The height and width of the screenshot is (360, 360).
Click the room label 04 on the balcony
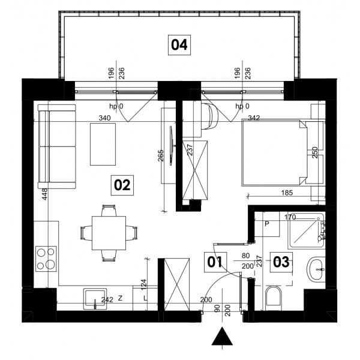[179, 45]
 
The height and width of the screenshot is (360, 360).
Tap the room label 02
[122, 185]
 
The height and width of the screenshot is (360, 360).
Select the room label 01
[215, 262]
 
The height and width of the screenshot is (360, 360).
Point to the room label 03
[281, 262]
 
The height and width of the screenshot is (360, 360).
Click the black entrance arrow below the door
[222, 337]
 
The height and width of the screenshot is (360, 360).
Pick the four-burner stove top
[46, 259]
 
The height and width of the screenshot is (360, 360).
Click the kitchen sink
[95, 299]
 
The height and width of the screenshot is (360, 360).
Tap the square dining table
[109, 233]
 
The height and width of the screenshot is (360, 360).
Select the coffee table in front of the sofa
[103, 144]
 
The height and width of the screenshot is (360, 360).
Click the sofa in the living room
[57, 146]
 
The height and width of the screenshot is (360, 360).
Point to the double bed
[274, 152]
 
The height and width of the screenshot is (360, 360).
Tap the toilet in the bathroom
[274, 298]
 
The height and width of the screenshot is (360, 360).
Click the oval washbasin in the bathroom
[316, 269]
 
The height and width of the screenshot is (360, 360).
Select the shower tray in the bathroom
[307, 231]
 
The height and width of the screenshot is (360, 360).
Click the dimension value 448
[44, 194]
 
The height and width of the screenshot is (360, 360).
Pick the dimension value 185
[287, 193]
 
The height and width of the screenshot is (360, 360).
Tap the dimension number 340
[104, 118]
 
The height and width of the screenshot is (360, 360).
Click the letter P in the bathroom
[267, 224]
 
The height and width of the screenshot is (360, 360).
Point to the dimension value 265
[160, 155]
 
